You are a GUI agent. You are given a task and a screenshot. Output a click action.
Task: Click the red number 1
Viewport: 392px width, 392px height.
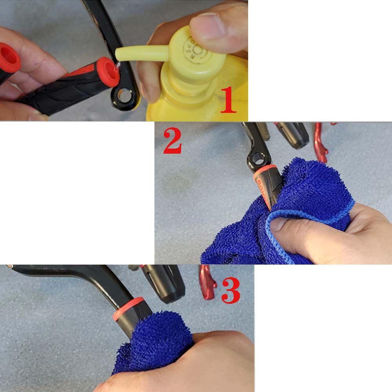[x=229, y=100]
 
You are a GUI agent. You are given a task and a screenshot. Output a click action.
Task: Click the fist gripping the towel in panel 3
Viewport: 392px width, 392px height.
[x=204, y=361]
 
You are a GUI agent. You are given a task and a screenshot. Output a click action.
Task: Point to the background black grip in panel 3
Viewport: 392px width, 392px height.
[x=165, y=282]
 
